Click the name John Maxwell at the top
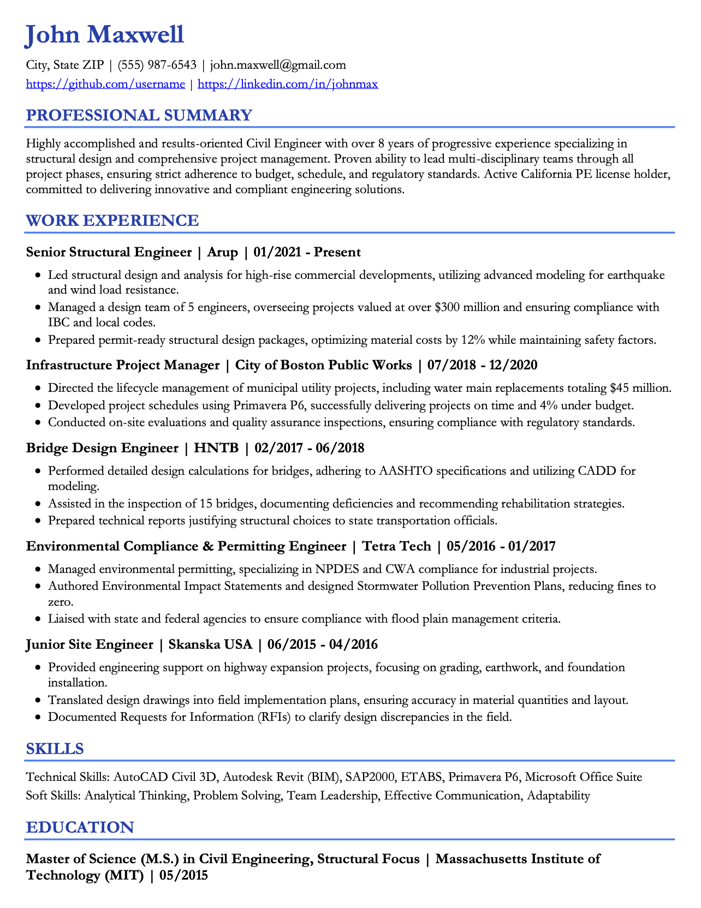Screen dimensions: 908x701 pos(105,35)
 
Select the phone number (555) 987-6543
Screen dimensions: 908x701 pos(157,65)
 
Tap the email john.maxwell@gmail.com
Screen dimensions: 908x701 pos(278,65)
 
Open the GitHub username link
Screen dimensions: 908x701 pos(105,84)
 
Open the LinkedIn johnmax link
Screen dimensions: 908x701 pos(288,84)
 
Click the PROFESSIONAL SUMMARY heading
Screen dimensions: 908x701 pos(139,115)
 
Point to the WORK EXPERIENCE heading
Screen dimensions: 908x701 pos(112,220)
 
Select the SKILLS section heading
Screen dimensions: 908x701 pos(55,748)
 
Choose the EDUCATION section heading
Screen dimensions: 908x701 pos(80,827)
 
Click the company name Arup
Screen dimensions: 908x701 pos(223,252)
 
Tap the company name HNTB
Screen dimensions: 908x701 pos(216,448)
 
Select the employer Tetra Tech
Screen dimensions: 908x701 pos(396,546)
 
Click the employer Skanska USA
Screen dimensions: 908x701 pos(211,644)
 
